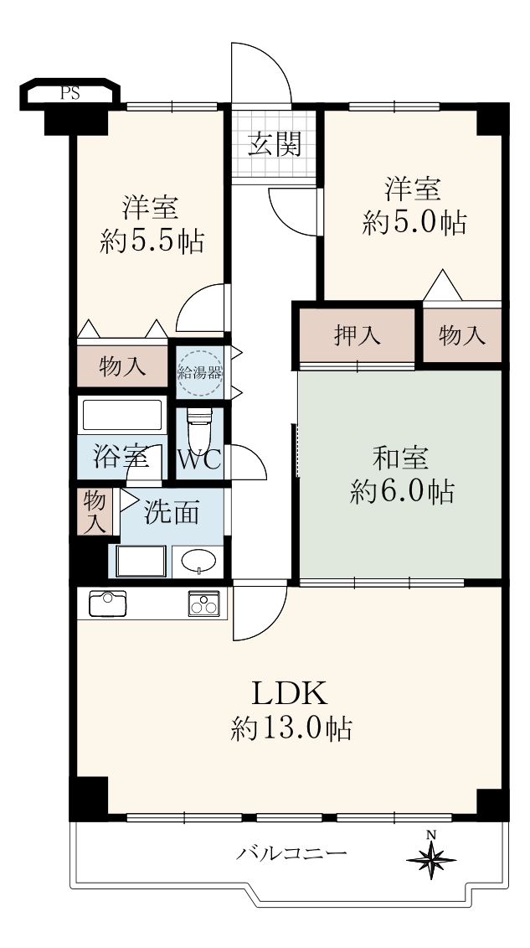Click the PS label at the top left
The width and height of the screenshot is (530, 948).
click(69, 94)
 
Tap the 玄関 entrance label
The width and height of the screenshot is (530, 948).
click(275, 144)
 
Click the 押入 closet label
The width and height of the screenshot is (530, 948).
click(358, 335)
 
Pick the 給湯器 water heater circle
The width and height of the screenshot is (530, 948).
click(200, 373)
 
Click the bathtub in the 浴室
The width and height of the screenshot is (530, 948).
click(122, 416)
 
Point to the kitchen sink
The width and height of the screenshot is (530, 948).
click(107, 604)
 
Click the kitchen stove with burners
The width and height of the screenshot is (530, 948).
click(204, 604)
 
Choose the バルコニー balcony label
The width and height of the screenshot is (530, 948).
click(291, 853)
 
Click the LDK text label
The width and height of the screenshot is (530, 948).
click(289, 693)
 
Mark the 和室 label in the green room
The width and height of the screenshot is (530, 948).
click(401, 458)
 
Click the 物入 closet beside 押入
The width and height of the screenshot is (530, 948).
click(462, 335)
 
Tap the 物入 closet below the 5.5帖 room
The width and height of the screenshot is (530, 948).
click(122, 366)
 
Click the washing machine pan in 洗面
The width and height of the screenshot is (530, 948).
click(141, 562)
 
